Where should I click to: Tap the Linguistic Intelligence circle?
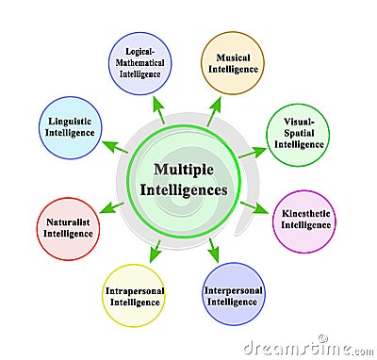70,128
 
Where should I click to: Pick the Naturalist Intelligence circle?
69,229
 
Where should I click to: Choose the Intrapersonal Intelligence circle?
134,297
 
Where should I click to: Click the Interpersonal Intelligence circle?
233,295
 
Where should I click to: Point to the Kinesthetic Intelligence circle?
303,221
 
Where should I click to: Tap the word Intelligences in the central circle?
184,189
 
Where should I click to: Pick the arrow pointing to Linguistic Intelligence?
114,147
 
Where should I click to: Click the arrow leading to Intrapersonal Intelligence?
155,250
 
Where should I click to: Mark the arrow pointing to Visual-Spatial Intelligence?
252,151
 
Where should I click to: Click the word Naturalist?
69,223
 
